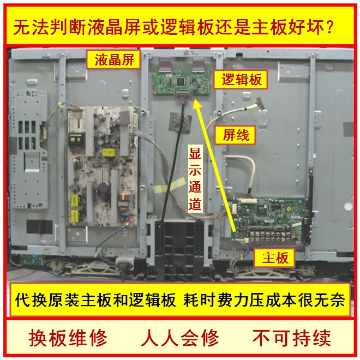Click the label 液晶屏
pos(113,59)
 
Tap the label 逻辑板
pos(241,80)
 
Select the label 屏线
pos(235,135)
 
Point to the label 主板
pos(274,257)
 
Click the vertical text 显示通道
pos(195,178)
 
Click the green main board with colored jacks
pos(271,220)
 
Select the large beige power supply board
pos(103,166)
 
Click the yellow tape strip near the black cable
pos(170,185)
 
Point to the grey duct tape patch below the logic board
pos(180,123)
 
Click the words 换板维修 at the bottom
pos(68,338)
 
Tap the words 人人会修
pos(180,338)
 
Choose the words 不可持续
pos(292,338)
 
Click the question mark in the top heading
pos(329,27)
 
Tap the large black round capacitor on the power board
pos(104,188)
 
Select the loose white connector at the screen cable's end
pos(260,103)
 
